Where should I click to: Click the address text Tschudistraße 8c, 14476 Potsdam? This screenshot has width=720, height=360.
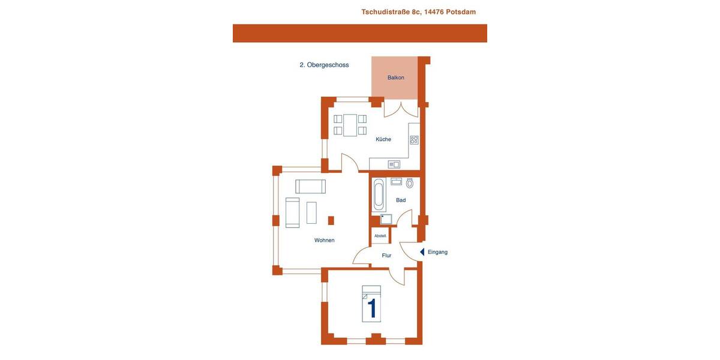pyautogui.click(x=418, y=12)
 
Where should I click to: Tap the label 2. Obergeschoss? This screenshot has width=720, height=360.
pyautogui.click(x=324, y=65)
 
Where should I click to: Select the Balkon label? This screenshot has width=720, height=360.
pyautogui.click(x=395, y=77)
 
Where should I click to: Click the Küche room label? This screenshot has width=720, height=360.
pyautogui.click(x=383, y=139)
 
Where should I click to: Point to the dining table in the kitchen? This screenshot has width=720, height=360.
pyautogui.click(x=350, y=125)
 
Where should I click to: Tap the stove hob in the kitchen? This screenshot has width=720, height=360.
pyautogui.click(x=414, y=140)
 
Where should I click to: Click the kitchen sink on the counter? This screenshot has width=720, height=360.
pyautogui.click(x=394, y=164)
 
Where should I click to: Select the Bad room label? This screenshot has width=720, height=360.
pyautogui.click(x=401, y=200)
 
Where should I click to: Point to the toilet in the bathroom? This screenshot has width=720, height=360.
pyautogui.click(x=410, y=183)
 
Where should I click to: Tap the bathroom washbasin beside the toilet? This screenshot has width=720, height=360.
pyautogui.click(x=396, y=181)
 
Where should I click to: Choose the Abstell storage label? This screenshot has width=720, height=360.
pyautogui.click(x=380, y=236)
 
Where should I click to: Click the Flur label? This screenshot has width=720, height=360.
pyautogui.click(x=386, y=256)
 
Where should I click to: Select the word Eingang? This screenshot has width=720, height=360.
pyautogui.click(x=437, y=252)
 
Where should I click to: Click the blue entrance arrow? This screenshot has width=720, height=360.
pyautogui.click(x=422, y=252)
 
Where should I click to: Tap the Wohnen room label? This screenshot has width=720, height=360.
pyautogui.click(x=324, y=240)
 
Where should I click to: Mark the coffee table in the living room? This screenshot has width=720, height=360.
pyautogui.click(x=311, y=212)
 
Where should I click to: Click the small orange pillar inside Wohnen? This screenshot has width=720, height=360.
pyautogui.click(x=331, y=220)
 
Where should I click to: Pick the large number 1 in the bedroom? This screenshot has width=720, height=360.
pyautogui.click(x=371, y=308)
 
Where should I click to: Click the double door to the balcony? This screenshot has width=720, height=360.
pyautogui.click(x=400, y=110)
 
